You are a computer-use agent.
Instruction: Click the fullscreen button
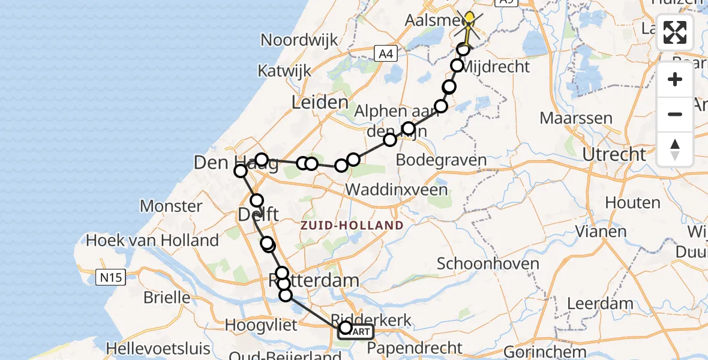[x=675, y=32]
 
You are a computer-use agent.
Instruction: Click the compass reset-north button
[x=675, y=149]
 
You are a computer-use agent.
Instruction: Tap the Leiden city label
[x=320, y=103]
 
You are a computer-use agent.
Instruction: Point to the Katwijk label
[x=284, y=71]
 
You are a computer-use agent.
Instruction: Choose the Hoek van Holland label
[x=152, y=241]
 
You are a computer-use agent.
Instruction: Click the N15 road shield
[x=107, y=277]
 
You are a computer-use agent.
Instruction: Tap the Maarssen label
[x=577, y=118]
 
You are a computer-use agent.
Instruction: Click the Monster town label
[x=171, y=206]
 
